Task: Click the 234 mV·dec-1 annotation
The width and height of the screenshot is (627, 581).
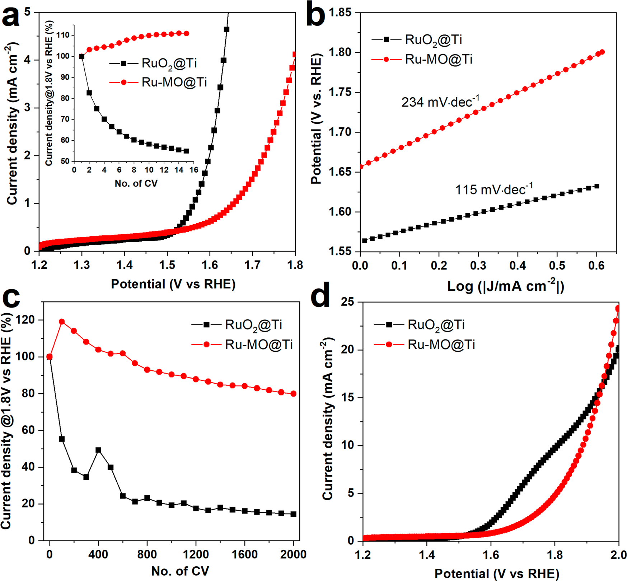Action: click(x=440, y=102)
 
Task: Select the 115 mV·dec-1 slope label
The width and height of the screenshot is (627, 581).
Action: click(x=493, y=189)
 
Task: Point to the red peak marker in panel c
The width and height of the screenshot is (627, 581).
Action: click(x=62, y=322)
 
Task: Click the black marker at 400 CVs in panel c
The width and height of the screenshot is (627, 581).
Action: click(x=98, y=450)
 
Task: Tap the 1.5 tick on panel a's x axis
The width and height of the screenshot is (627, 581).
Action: click(x=167, y=265)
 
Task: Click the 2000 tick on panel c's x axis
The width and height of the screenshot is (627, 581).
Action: click(x=293, y=554)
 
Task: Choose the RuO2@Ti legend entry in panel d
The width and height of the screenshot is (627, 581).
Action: click(x=436, y=325)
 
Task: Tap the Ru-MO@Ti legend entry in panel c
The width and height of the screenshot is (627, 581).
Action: click(x=259, y=345)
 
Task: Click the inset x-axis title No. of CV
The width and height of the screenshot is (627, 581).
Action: click(x=136, y=183)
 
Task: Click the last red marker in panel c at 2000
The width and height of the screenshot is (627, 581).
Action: click(x=294, y=394)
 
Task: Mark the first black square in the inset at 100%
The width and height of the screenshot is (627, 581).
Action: click(x=82, y=56)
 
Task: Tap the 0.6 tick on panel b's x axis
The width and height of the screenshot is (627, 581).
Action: click(x=596, y=266)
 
